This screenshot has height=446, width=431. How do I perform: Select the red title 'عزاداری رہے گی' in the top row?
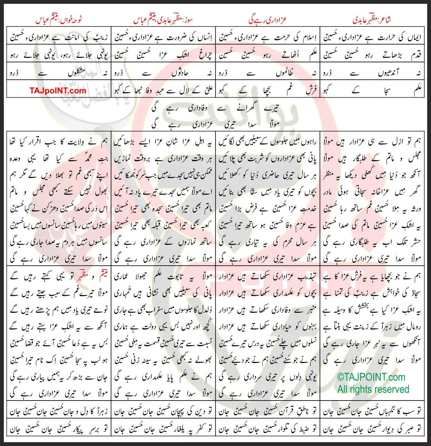click(267, 20)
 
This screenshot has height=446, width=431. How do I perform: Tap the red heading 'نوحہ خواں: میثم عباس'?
click(59, 20)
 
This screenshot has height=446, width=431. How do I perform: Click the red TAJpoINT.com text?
click(58, 91)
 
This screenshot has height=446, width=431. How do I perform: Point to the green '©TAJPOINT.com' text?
click(371, 377)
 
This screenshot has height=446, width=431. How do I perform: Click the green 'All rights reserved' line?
click(373, 389)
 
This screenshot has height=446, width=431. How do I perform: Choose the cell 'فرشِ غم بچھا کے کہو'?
click(267, 91)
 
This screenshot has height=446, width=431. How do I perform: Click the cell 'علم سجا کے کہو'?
click(372, 91)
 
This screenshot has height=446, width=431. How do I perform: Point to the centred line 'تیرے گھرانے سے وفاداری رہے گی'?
click(215, 108)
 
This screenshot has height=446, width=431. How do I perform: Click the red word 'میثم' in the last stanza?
click(102, 276)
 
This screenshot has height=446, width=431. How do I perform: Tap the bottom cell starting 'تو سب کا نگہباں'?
click(372, 411)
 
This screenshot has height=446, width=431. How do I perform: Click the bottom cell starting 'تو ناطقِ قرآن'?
click(267, 411)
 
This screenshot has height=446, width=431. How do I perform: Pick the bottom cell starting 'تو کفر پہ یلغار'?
click(164, 429)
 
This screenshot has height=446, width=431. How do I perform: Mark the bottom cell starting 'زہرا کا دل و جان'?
click(59, 411)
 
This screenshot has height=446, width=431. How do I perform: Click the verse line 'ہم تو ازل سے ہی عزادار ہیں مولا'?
click(372, 141)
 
